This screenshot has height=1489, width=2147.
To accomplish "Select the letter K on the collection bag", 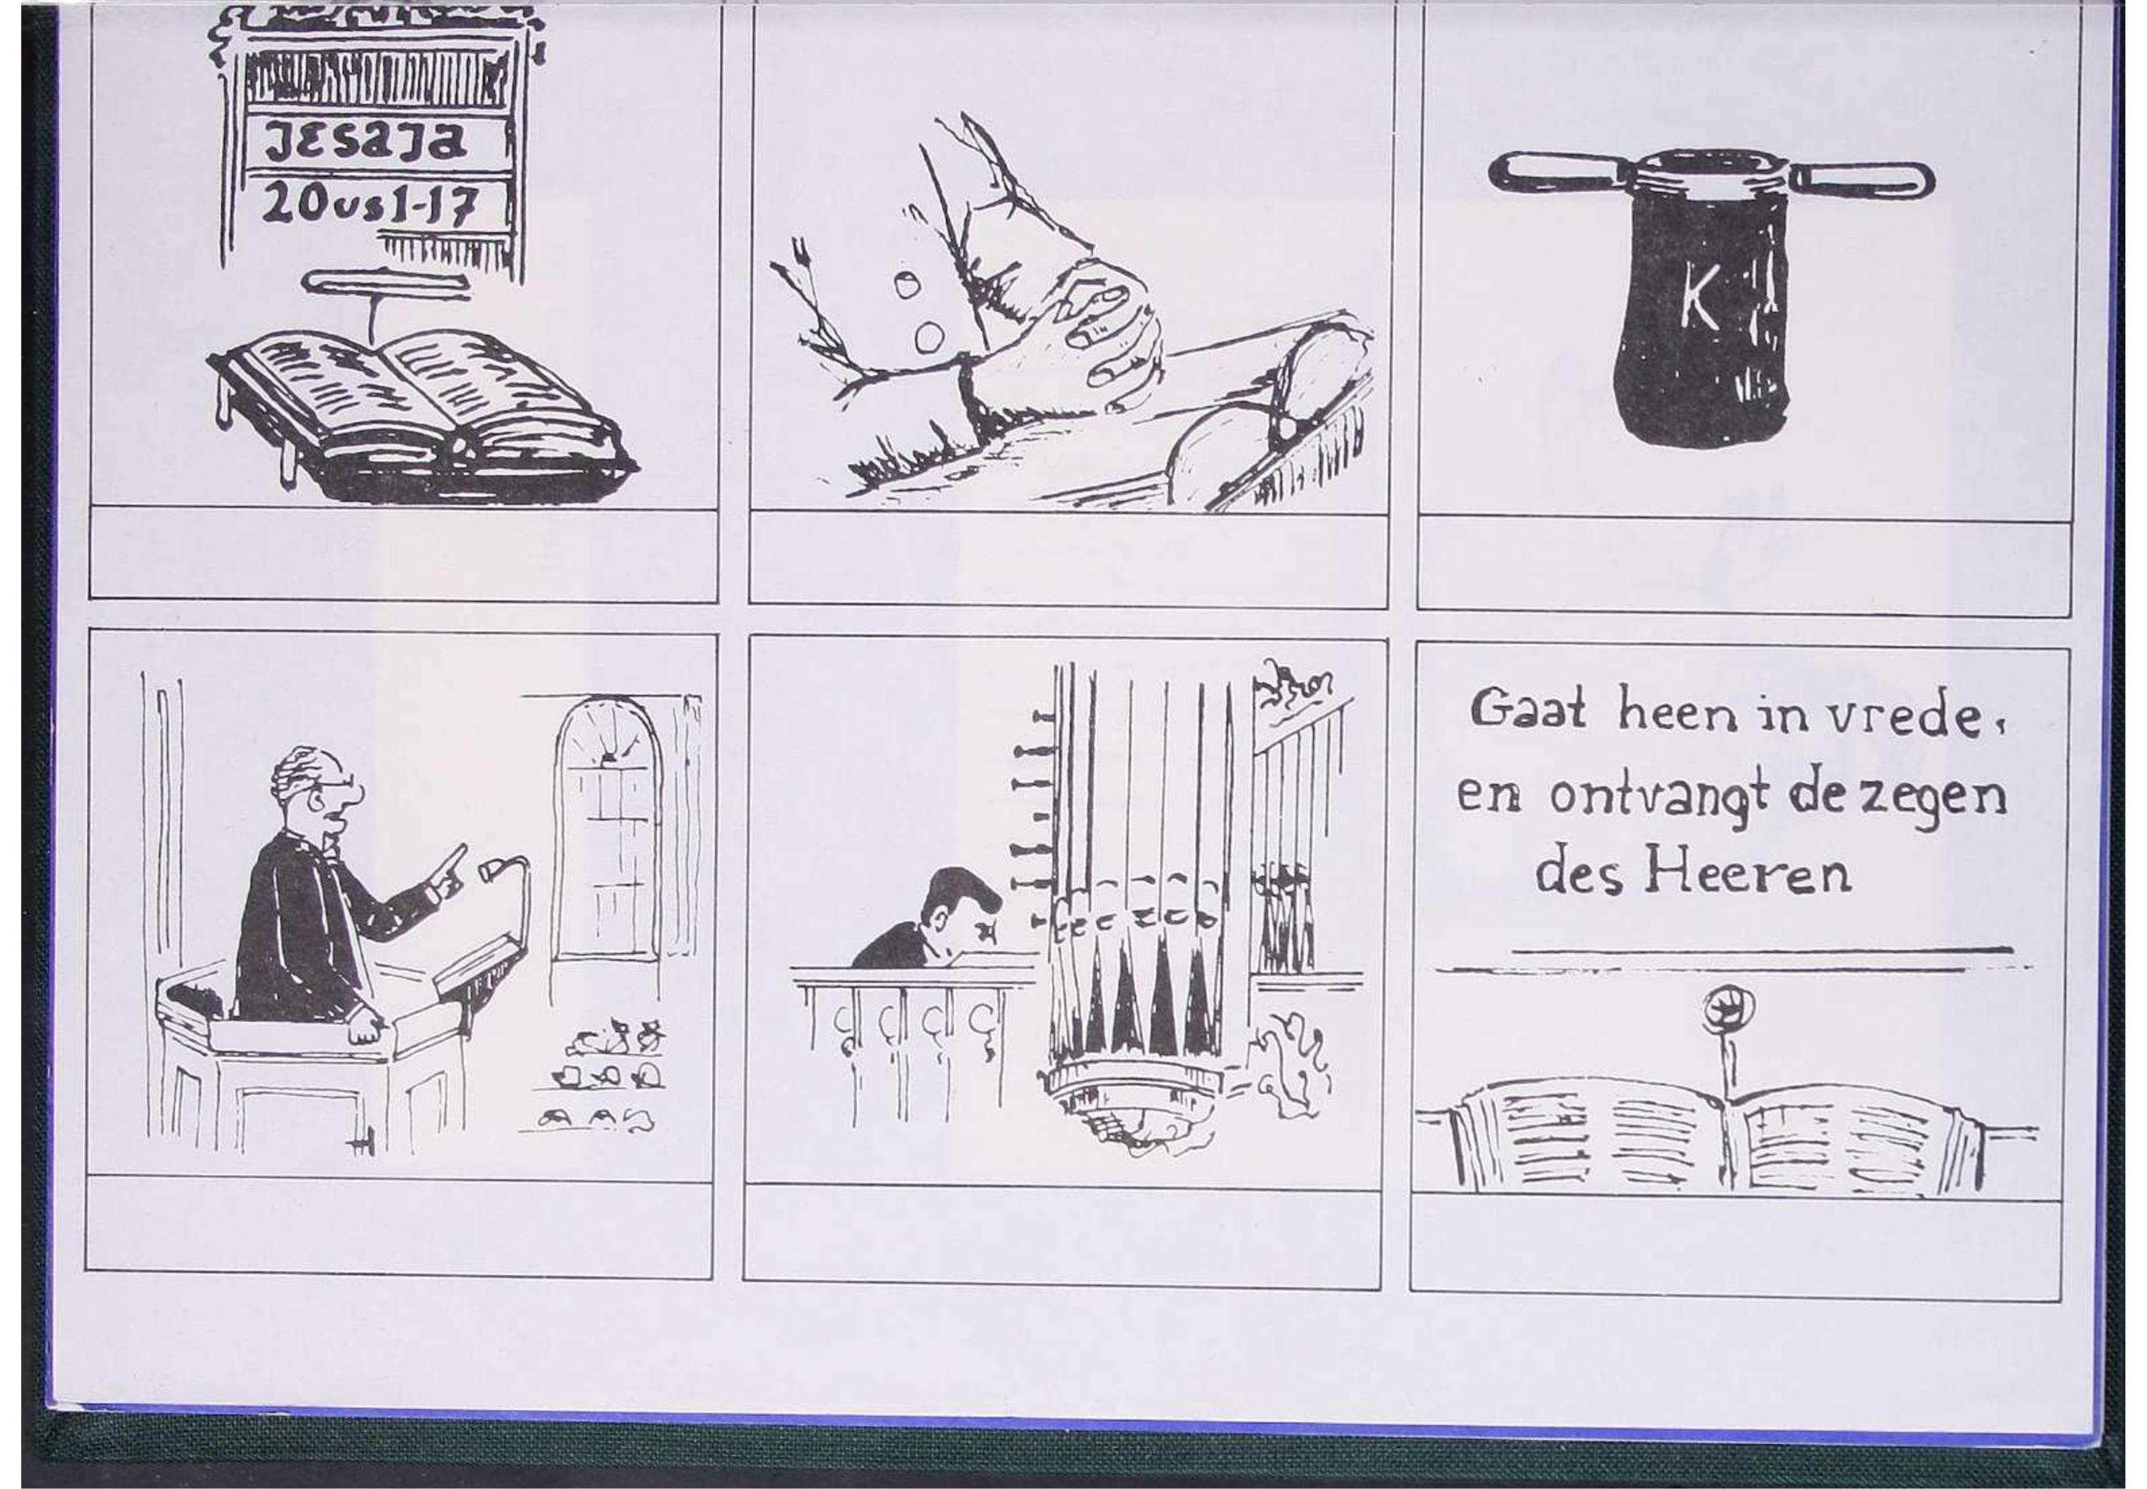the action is pos(1700,303).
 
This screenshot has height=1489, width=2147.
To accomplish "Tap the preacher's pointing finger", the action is pos(454,860).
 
